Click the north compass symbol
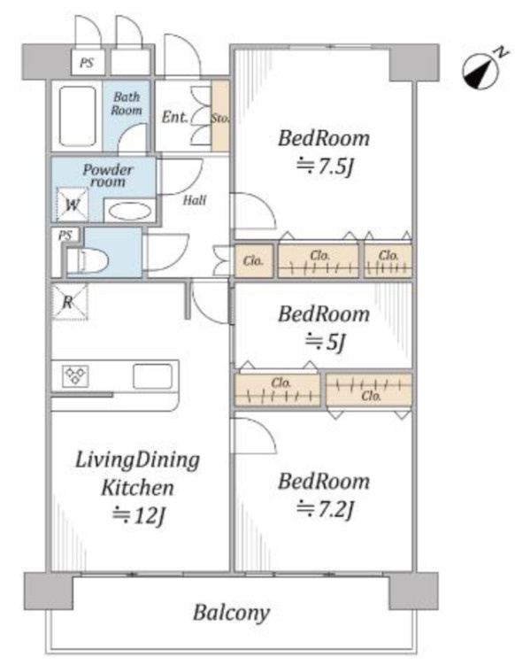(x=481, y=72)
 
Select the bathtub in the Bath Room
(x=77, y=116)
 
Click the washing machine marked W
(x=72, y=205)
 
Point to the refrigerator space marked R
(x=69, y=302)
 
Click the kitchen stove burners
(x=75, y=375)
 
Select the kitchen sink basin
(x=152, y=376)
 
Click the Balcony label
(x=232, y=613)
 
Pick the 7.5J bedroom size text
(x=325, y=166)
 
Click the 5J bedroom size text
(x=326, y=342)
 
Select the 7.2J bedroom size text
(x=325, y=509)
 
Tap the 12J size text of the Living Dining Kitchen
(x=138, y=515)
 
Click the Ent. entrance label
(x=174, y=117)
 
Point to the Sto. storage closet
(x=220, y=116)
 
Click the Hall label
(x=195, y=200)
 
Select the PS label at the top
(x=87, y=63)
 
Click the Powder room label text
(x=108, y=175)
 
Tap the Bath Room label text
(x=127, y=104)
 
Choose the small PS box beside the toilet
(x=65, y=235)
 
